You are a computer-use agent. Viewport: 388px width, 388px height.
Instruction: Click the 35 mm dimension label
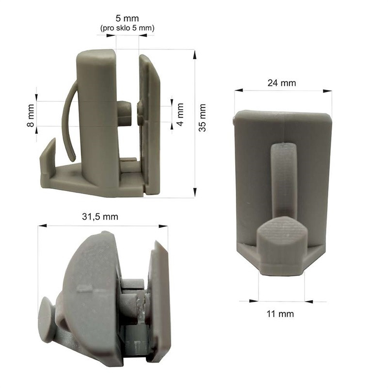click(202, 118)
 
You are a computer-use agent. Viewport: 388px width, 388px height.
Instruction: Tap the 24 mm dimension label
click(282, 83)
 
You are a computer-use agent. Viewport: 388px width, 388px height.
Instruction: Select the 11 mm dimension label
click(280, 314)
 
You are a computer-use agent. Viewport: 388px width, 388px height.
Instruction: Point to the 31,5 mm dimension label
click(100, 216)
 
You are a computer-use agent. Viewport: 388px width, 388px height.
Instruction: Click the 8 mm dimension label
click(31, 115)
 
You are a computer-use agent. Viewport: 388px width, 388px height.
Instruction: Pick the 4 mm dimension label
click(180, 114)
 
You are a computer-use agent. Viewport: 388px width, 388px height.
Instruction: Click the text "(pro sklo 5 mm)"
click(127, 28)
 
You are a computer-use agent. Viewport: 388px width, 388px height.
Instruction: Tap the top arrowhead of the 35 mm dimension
click(195, 55)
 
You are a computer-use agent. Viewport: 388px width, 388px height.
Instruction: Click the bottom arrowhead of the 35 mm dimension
click(195, 192)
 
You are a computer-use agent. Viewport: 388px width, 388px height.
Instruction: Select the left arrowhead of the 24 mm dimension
click(239, 90)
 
